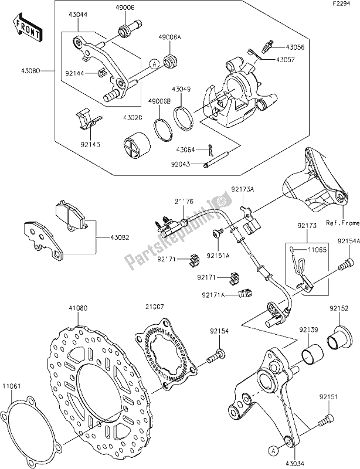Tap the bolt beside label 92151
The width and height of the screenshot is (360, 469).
tap(324, 420)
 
